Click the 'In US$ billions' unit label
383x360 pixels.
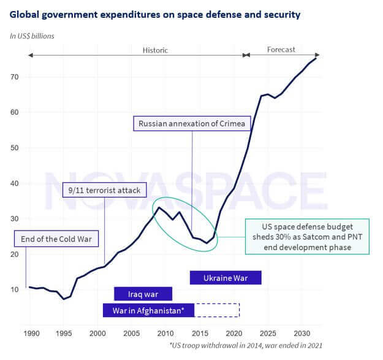click(x=32, y=36)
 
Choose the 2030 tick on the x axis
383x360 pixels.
click(x=301, y=333)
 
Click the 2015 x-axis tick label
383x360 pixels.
click(x=199, y=333)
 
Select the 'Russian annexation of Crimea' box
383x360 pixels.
click(x=192, y=124)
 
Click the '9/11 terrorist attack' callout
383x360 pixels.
click(x=105, y=190)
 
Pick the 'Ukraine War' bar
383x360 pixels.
click(x=226, y=278)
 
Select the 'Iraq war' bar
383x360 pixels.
click(x=143, y=294)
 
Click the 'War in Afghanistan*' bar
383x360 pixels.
click(x=148, y=310)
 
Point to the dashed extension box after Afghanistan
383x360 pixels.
click(x=217, y=310)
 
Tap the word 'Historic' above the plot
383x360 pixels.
click(x=155, y=50)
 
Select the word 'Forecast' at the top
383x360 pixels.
click(x=281, y=50)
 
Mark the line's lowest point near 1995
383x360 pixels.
click(x=64, y=299)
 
